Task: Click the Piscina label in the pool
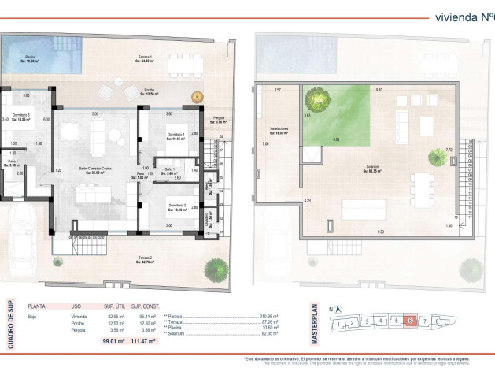coord(29,59)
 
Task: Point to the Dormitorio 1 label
coord(175,137)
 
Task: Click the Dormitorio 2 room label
coord(176,207)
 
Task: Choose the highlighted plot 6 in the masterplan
coord(410,321)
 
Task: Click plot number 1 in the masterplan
coord(337,323)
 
